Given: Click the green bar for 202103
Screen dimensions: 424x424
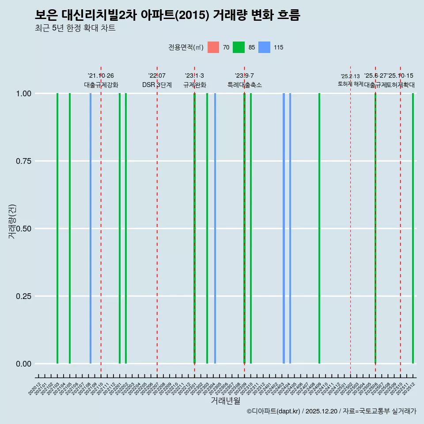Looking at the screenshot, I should pyautogui.click(x=57, y=228).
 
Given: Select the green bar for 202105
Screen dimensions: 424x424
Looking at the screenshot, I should pyautogui.click(x=70, y=228).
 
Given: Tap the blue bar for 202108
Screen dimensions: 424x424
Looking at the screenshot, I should pyautogui.click(x=91, y=228).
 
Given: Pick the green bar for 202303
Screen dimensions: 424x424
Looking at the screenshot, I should pyautogui.click(x=207, y=228).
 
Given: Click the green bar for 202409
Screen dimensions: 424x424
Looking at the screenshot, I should pyautogui.click(x=319, y=228).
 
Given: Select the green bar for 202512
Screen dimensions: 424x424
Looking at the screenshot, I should pyautogui.click(x=413, y=228).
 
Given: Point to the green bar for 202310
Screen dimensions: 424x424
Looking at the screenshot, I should pyautogui.click(x=251, y=228).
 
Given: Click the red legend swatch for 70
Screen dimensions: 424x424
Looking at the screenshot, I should pyautogui.click(x=213, y=47).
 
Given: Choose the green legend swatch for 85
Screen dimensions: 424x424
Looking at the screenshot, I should pyautogui.click(x=239, y=47).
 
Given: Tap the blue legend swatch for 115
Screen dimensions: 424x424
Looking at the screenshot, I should pyautogui.click(x=264, y=47).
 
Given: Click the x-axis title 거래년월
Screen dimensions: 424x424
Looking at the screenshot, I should pyautogui.click(x=225, y=401).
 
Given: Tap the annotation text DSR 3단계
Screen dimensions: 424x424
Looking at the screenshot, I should pyautogui.click(x=157, y=85).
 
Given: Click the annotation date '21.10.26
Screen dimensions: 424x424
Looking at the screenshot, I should pyautogui.click(x=101, y=76).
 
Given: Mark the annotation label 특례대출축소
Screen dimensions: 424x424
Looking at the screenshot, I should pyautogui.click(x=245, y=85).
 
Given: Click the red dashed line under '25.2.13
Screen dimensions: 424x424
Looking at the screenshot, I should pyautogui.click(x=350, y=221).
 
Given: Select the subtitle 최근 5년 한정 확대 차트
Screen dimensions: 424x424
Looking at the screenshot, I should pyautogui.click(x=75, y=28).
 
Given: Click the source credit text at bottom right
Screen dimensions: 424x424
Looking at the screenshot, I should pyautogui.click(x=331, y=411).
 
